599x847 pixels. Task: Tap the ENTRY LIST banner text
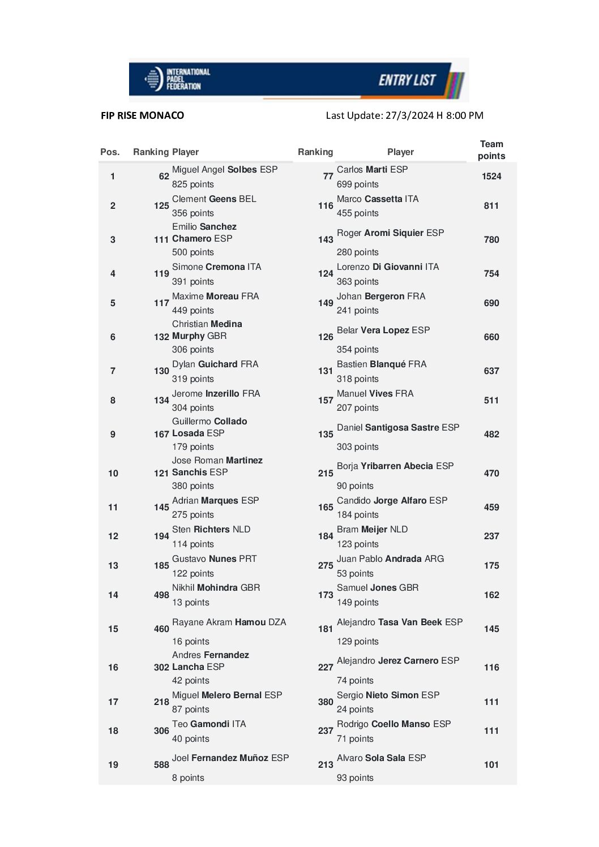click(x=407, y=80)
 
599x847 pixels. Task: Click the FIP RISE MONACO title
click(x=142, y=115)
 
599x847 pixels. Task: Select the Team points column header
click(x=491, y=150)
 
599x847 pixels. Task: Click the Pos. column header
click(x=110, y=152)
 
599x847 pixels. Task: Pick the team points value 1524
click(x=491, y=177)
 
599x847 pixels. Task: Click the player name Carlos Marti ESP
click(x=372, y=169)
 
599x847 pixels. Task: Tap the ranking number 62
click(x=164, y=177)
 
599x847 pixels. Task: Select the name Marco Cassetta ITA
click(x=378, y=199)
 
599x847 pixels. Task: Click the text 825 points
click(x=192, y=184)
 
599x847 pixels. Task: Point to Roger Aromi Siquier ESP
click(x=390, y=233)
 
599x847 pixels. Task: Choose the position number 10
click(x=113, y=473)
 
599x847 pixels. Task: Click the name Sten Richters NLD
click(x=211, y=529)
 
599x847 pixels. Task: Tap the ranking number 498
click(x=161, y=595)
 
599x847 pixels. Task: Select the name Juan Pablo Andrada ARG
click(x=390, y=558)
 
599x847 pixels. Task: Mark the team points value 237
click(x=491, y=536)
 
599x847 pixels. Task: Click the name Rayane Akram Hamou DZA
click(x=229, y=622)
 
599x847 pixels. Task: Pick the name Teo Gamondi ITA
click(x=209, y=724)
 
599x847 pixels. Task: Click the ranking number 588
click(x=161, y=764)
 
